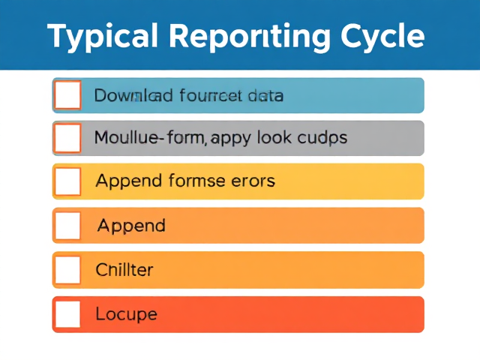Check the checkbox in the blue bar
tap(67, 95)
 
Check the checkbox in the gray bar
tap(67, 138)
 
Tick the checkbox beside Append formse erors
tap(67, 181)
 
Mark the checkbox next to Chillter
tap(67, 269)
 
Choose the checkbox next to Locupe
tap(67, 313)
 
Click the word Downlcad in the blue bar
tap(134, 96)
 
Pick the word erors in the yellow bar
tap(252, 181)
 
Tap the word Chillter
tap(124, 269)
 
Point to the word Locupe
tap(126, 313)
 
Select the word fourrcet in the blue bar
tap(211, 96)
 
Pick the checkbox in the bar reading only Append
tap(67, 225)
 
